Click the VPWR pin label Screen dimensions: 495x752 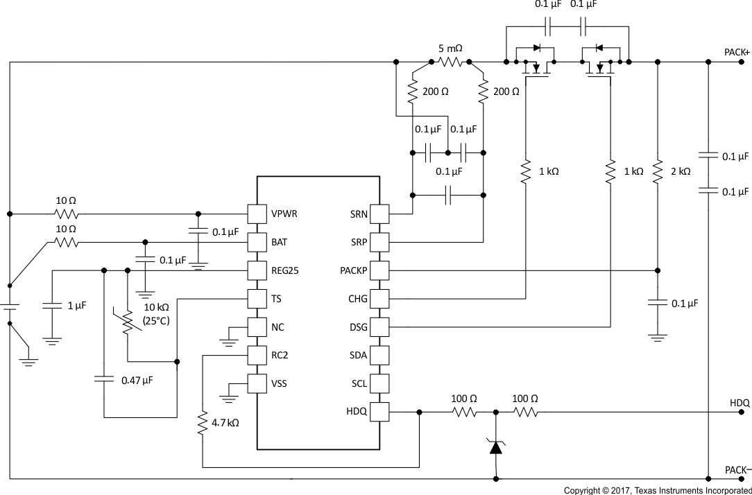point(284,214)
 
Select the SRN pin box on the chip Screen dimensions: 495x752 point(379,214)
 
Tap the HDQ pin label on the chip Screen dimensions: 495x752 point(357,412)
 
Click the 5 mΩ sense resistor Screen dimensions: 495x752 point(450,62)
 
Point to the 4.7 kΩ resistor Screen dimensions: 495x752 point(203,423)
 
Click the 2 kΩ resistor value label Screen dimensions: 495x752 point(680,171)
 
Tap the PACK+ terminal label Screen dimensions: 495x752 point(737,53)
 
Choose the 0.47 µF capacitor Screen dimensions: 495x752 point(104,379)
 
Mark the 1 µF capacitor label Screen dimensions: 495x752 point(77,305)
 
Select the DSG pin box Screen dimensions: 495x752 point(379,327)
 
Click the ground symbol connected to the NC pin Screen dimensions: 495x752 point(229,340)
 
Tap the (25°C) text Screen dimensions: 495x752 point(157,320)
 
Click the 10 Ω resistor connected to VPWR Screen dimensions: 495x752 point(67,214)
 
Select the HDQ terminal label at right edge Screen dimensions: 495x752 point(740,402)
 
